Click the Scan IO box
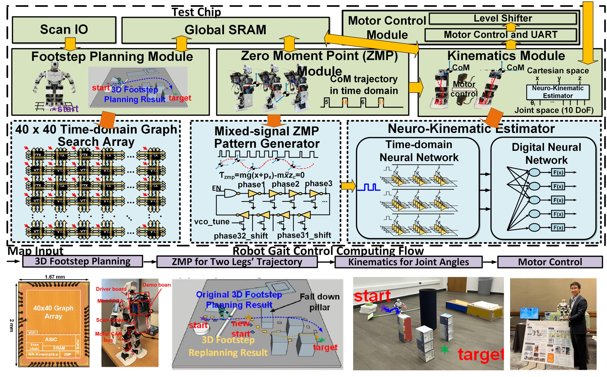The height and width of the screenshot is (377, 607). (64, 29)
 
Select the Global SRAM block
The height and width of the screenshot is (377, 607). (225, 30)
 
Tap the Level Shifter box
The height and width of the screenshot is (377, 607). (502, 18)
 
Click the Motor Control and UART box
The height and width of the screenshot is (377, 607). (500, 35)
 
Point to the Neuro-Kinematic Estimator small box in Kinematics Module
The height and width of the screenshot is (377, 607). (557, 92)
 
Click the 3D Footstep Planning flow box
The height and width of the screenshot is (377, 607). (82, 261)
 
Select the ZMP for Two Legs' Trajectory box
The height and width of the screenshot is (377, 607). (237, 262)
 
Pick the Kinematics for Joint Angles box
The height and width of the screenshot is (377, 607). (408, 262)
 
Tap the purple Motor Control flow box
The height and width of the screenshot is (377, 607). (550, 262)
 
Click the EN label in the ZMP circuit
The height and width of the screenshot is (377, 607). (216, 188)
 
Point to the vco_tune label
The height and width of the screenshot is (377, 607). (212, 222)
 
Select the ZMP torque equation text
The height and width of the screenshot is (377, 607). (262, 175)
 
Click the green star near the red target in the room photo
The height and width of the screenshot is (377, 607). (444, 349)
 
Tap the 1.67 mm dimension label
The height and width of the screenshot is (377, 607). (54, 277)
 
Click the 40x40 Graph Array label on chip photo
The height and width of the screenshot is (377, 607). (53, 312)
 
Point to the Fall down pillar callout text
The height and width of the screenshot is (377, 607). (320, 302)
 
